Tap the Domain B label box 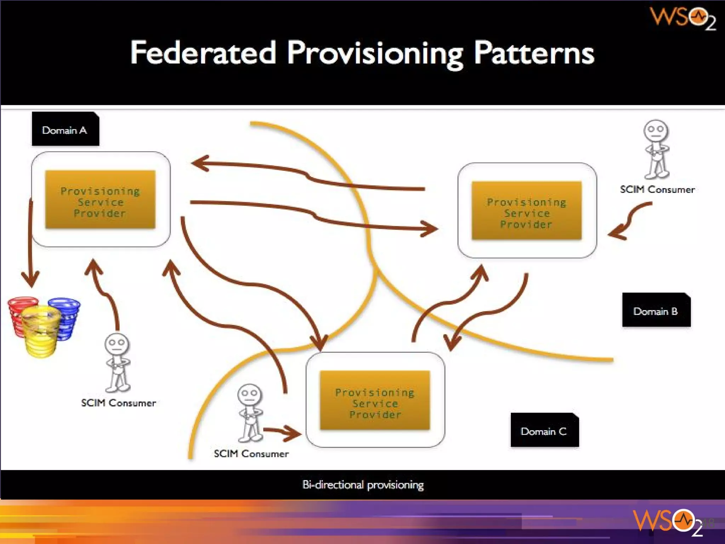click(656, 310)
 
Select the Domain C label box click(544, 430)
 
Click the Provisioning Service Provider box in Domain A click(100, 200)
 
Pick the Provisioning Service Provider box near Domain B click(526, 211)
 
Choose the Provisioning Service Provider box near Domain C click(375, 401)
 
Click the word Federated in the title click(203, 53)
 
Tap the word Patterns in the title click(533, 53)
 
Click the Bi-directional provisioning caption click(363, 484)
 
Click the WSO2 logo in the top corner click(683, 18)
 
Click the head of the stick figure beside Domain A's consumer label click(117, 344)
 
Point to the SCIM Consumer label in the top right click(657, 189)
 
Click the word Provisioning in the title click(375, 54)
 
